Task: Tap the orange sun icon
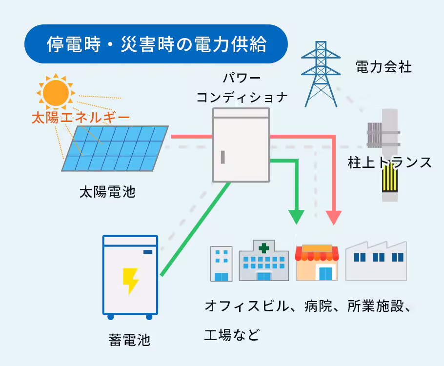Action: (55, 92)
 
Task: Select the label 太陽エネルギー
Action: (81, 118)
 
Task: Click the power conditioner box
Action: (241, 145)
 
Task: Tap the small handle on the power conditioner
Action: (223, 158)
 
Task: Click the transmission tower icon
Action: (321, 73)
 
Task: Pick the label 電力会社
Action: (384, 66)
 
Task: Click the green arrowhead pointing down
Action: (296, 216)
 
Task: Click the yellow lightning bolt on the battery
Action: (130, 281)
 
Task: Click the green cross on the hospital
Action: (263, 248)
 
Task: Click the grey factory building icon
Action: (376, 261)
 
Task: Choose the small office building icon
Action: (221, 264)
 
